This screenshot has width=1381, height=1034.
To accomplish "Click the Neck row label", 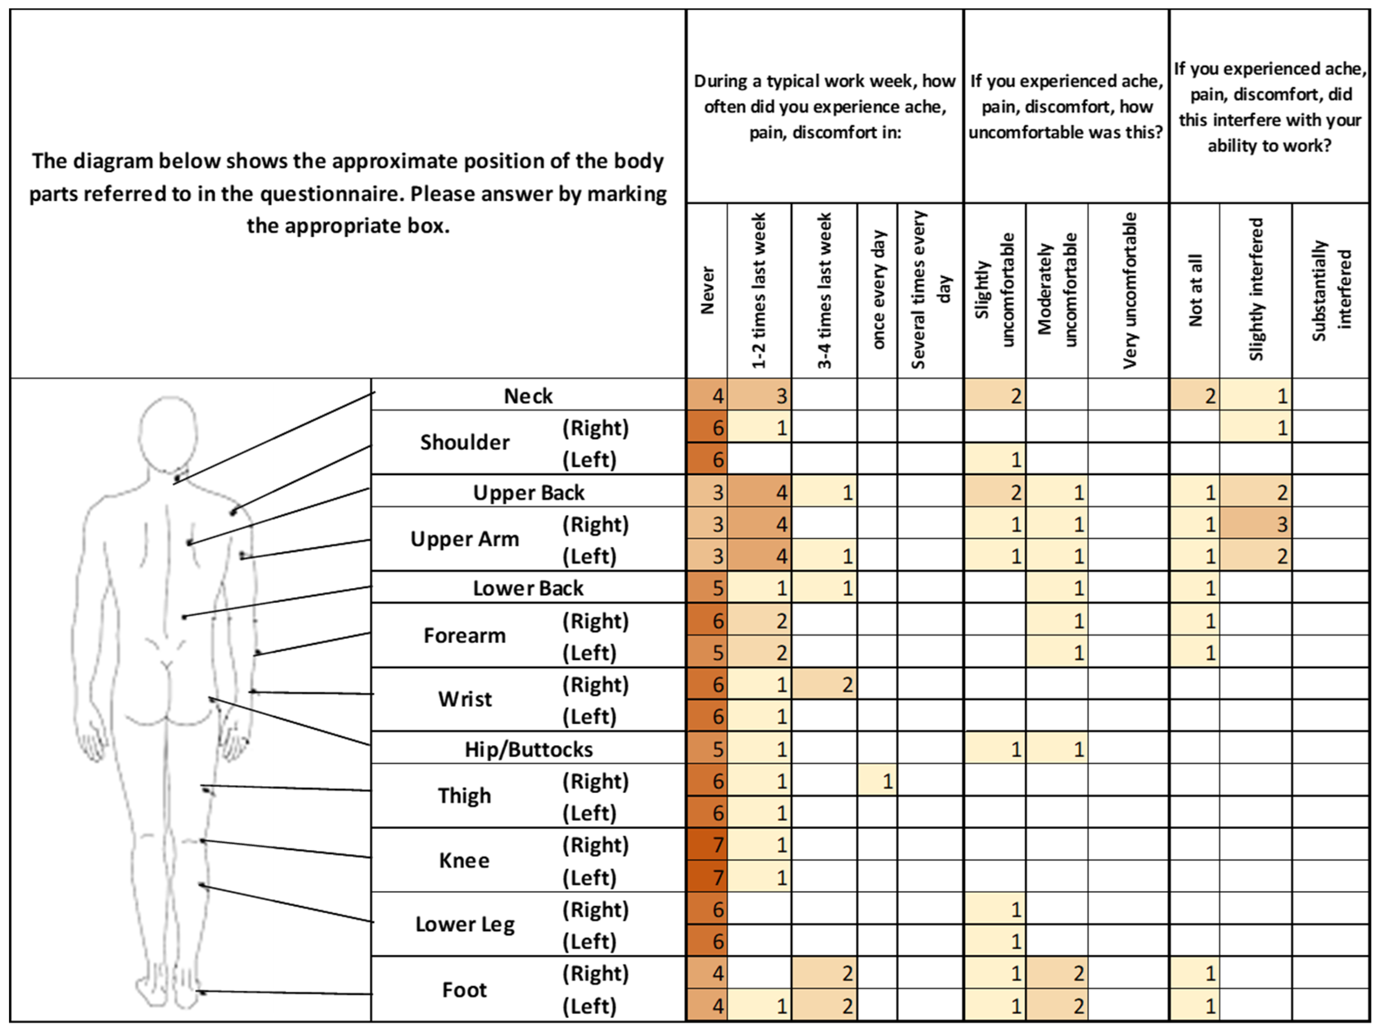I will tap(528, 396).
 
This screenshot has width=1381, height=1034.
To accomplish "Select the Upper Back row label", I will tap(528, 492).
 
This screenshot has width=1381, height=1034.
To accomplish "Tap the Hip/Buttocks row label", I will tap(528, 749).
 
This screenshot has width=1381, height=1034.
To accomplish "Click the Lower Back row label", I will tap(528, 588).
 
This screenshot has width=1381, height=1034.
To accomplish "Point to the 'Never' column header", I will tap(707, 291).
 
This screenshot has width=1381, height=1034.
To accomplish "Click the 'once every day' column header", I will tap(878, 291).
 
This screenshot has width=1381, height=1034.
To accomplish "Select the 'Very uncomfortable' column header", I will tap(1129, 291).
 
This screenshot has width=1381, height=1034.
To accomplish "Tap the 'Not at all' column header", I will tap(1195, 291).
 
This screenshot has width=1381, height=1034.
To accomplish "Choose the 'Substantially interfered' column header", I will tap(1331, 291).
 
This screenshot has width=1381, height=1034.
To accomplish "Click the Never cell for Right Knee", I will tap(707, 845).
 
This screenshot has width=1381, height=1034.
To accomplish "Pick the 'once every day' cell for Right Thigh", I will tap(878, 781).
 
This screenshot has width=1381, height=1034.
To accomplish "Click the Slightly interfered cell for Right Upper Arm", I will tap(1255, 524).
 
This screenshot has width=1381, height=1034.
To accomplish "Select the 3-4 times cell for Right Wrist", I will tap(824, 685).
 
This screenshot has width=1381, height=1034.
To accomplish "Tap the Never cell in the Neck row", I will tap(707, 396).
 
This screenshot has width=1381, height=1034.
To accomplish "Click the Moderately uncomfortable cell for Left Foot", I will tap(1057, 1005).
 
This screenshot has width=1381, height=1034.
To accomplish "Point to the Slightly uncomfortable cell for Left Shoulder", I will tap(995, 459).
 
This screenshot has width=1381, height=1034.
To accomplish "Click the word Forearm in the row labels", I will tap(465, 636).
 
